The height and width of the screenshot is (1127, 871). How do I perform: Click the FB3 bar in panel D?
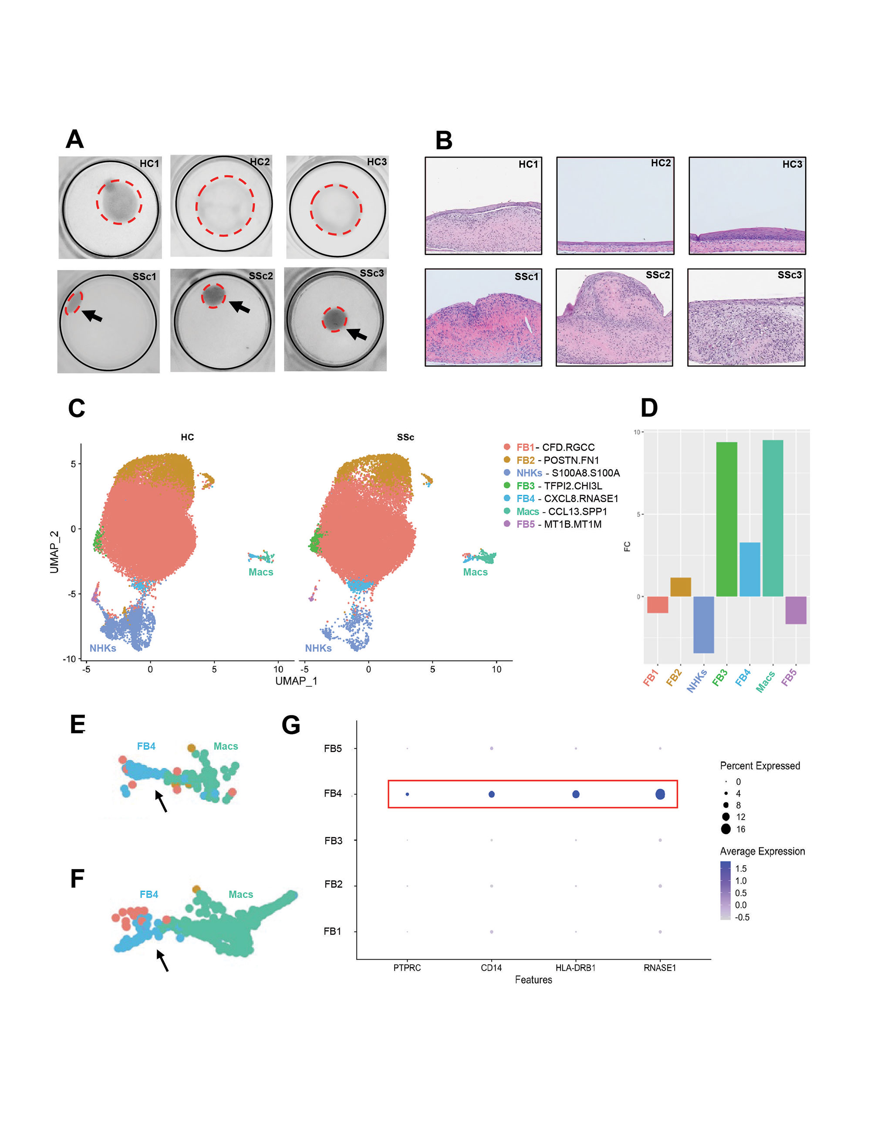click(726, 519)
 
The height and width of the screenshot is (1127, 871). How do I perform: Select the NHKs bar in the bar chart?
click(703, 624)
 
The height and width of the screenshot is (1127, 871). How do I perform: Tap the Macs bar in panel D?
click(773, 518)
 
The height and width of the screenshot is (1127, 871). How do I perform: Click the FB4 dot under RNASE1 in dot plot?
click(660, 794)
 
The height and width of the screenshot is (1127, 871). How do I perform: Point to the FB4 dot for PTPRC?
click(407, 794)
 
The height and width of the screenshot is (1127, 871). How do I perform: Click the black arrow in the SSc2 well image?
click(240, 307)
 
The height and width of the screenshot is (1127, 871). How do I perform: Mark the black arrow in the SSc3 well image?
click(357, 334)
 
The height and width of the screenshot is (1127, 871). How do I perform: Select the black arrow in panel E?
click(162, 801)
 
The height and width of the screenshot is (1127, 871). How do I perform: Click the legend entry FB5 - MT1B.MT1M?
click(558, 524)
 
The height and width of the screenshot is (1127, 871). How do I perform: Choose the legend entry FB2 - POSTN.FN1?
click(557, 460)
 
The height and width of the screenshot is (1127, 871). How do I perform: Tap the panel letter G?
click(291, 725)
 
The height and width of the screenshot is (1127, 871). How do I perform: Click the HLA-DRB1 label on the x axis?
click(575, 968)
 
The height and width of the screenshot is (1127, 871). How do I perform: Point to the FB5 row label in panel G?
click(333, 748)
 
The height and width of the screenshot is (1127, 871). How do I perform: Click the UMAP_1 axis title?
click(296, 681)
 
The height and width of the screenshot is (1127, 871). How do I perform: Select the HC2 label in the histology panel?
click(661, 163)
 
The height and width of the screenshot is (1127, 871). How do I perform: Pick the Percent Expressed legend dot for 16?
click(726, 829)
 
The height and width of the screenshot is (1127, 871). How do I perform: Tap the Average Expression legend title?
click(762, 851)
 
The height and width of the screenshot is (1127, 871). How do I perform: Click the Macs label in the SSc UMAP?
click(475, 572)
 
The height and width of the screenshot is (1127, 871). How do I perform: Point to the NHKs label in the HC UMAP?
click(103, 648)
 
